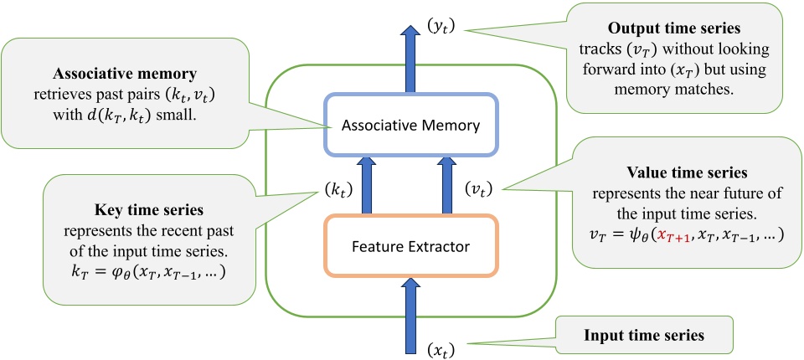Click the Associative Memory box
(x=410, y=127)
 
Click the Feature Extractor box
(x=410, y=247)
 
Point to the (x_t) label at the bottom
(x=442, y=347)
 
